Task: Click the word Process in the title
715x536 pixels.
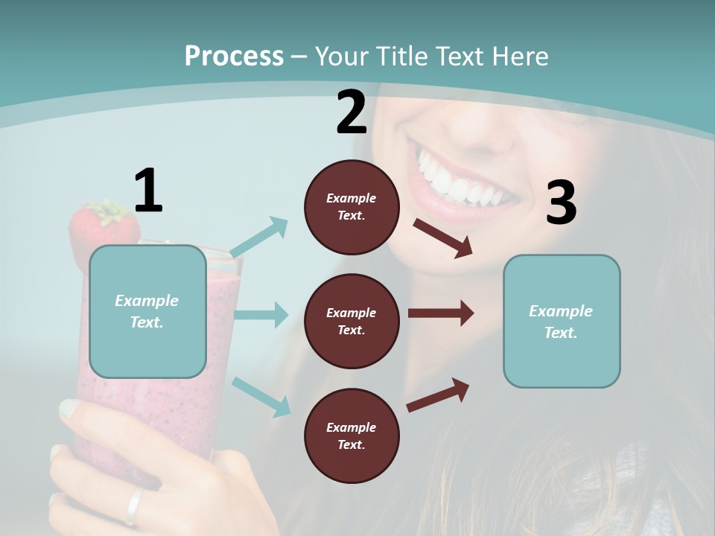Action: click(234, 57)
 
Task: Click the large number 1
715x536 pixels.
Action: click(148, 191)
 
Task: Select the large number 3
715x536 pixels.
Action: click(561, 203)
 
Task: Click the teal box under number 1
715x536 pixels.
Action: click(147, 311)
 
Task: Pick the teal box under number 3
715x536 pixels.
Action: click(562, 322)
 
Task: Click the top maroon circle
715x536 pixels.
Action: click(352, 207)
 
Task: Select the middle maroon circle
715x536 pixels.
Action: click(352, 322)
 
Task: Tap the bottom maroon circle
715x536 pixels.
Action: click(352, 436)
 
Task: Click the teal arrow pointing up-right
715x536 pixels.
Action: click(259, 237)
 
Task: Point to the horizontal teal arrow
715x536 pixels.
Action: click(261, 315)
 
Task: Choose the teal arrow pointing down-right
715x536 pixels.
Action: click(261, 396)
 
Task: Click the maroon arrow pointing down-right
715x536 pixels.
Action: click(442, 237)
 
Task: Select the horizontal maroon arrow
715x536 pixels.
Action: click(440, 313)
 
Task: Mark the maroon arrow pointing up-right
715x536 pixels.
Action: click(438, 395)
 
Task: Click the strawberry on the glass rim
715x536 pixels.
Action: click(103, 227)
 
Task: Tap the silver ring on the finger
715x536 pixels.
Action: click(133, 506)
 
